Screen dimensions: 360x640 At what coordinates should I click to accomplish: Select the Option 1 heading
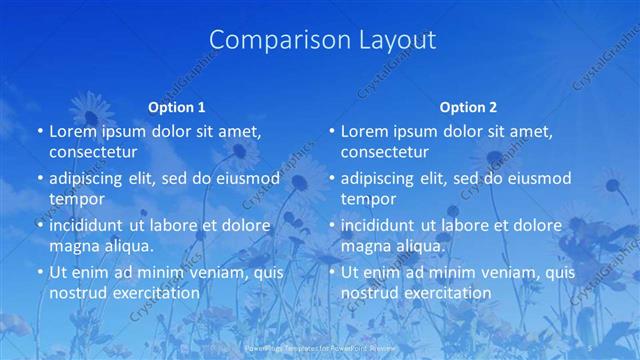tap(177, 107)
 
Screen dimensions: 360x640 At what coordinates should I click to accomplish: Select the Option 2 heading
tap(468, 107)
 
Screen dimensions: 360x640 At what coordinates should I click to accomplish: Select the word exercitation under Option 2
tap(443, 293)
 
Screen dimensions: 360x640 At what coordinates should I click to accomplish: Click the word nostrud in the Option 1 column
tap(78, 293)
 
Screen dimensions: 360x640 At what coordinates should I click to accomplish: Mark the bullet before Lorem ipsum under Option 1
tap(39, 132)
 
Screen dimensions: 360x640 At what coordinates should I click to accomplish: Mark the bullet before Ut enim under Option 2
tap(331, 272)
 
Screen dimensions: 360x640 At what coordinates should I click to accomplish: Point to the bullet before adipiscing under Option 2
tap(331, 179)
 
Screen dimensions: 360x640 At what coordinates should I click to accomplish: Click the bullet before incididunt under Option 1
tap(39, 225)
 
